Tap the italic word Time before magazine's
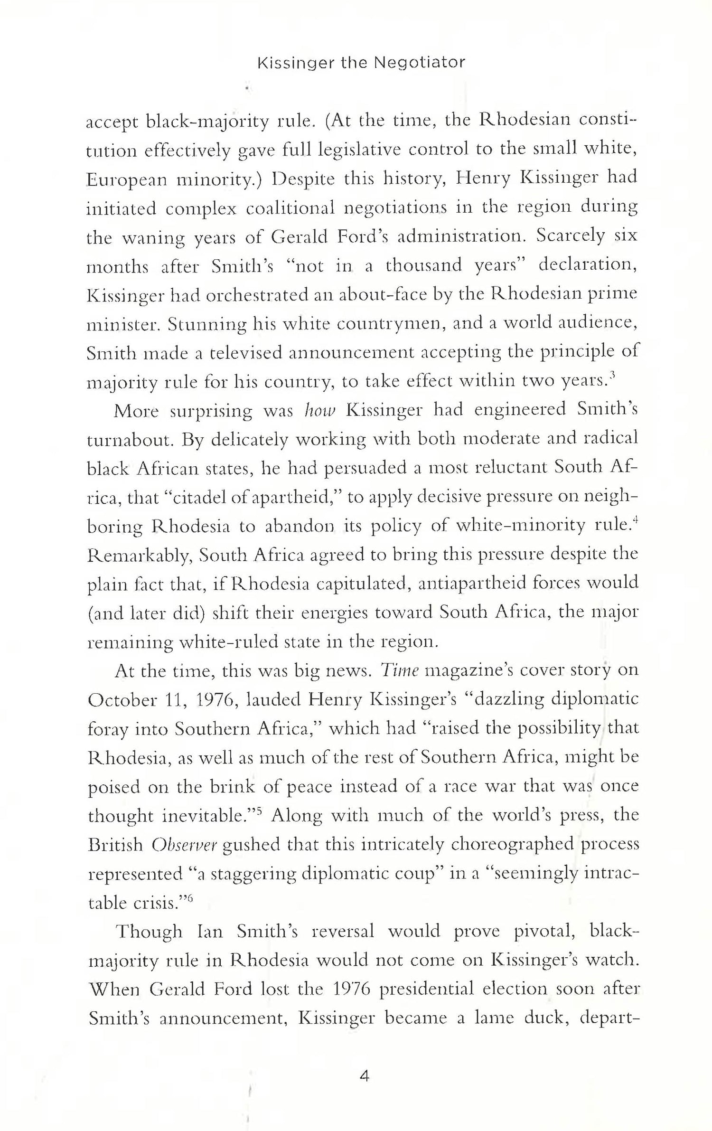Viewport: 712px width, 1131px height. point(400,670)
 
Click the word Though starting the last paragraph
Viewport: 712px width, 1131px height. point(149,931)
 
